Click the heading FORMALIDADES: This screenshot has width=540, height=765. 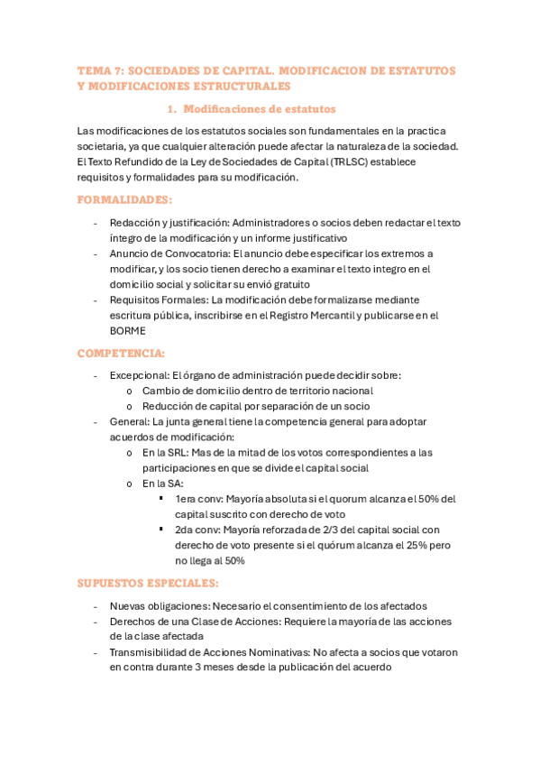(x=125, y=199)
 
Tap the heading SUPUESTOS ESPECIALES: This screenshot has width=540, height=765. (x=148, y=583)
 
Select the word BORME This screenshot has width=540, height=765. (x=127, y=330)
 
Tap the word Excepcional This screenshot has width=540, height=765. (x=138, y=374)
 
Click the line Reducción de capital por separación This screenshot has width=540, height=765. (x=243, y=406)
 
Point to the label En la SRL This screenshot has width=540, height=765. (x=164, y=452)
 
